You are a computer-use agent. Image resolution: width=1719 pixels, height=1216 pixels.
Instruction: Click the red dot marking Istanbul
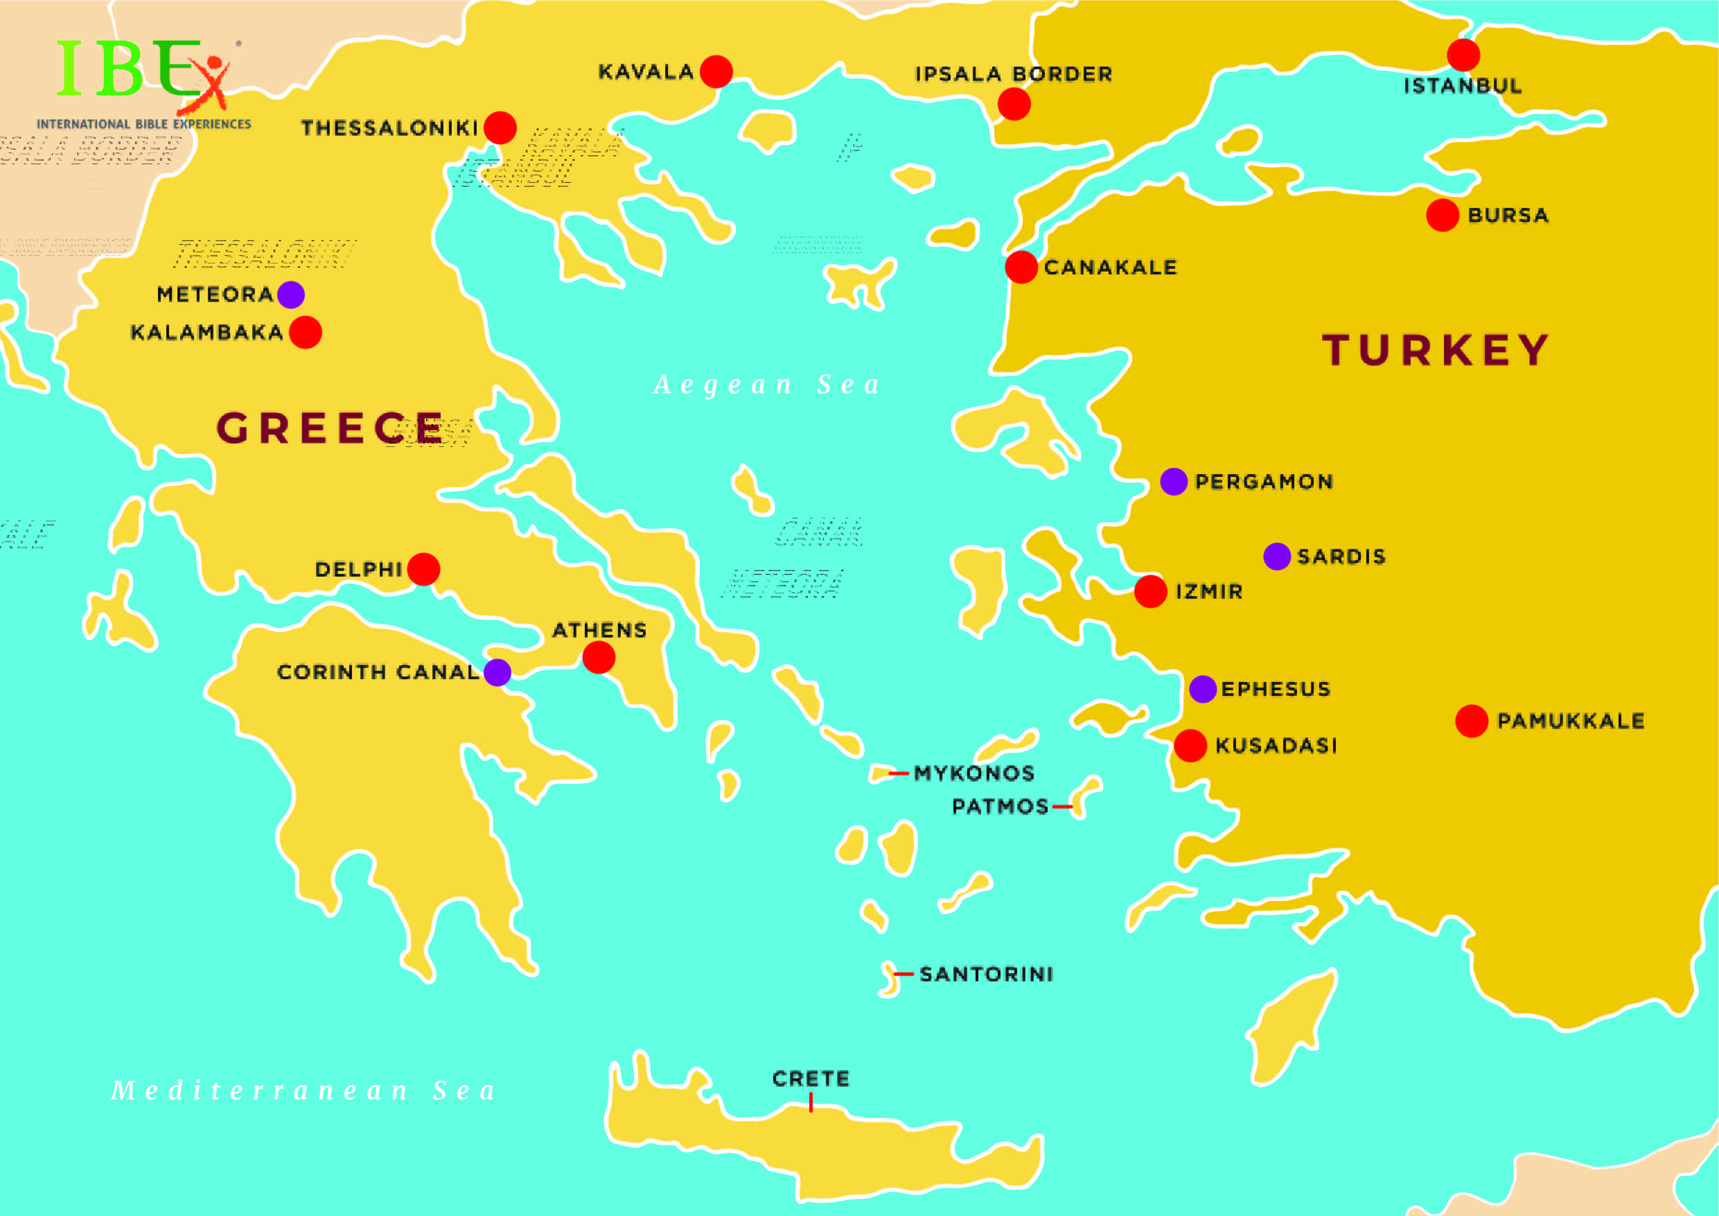point(1463,55)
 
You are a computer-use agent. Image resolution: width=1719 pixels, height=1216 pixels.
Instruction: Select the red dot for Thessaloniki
point(500,127)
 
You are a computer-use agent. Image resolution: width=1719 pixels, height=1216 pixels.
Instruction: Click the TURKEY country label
point(1435,350)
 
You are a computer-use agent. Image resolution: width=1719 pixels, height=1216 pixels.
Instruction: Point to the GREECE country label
point(329,428)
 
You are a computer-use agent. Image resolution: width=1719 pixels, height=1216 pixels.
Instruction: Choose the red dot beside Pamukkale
point(1471,721)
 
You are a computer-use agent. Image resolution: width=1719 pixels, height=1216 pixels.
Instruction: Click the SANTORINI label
point(986,974)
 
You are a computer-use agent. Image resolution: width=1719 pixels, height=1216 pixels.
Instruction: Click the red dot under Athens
point(599,657)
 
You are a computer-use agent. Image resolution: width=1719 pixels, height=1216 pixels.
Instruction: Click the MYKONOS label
point(974,773)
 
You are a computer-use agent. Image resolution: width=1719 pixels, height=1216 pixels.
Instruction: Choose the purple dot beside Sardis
point(1277,556)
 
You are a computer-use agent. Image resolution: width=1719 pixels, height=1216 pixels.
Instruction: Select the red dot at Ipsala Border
point(1014,104)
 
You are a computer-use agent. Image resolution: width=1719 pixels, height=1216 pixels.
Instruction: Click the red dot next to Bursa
point(1442,216)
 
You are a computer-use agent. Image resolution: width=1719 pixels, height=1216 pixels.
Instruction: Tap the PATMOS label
point(1000,806)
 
